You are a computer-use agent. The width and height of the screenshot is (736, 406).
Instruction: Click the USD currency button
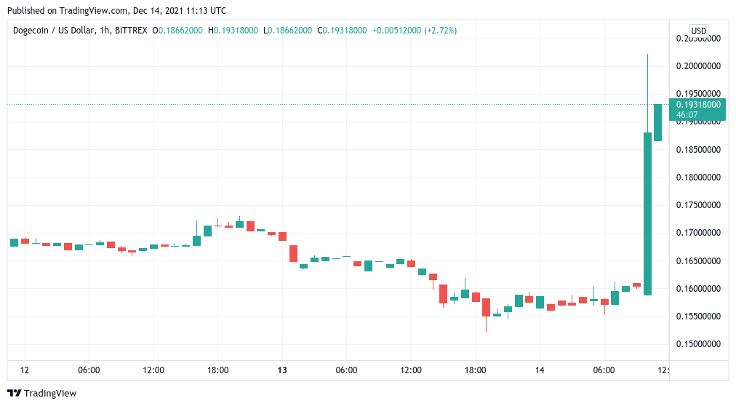pyautogui.click(x=698, y=31)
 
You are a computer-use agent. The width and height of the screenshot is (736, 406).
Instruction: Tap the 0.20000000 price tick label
pyautogui.click(x=697, y=66)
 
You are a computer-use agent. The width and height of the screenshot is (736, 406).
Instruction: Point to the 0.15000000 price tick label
pyautogui.click(x=697, y=344)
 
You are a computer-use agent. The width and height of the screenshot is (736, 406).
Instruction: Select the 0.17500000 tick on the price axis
pyautogui.click(x=697, y=205)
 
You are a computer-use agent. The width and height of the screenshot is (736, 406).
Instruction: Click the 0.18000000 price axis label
pyautogui.click(x=697, y=178)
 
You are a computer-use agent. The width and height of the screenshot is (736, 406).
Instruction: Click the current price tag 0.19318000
pyautogui.click(x=697, y=105)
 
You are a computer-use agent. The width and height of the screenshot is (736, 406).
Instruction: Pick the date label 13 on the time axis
pyautogui.click(x=282, y=370)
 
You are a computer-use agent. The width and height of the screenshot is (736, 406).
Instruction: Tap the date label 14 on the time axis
pyautogui.click(x=539, y=370)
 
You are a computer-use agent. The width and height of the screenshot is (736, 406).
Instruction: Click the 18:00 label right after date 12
pyautogui.click(x=218, y=370)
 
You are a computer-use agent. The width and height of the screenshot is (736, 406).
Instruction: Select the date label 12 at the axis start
pyautogui.click(x=25, y=370)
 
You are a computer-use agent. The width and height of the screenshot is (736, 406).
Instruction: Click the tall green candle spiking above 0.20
pyautogui.click(x=647, y=211)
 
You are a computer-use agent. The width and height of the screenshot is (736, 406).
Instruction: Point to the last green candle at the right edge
pyautogui.click(x=658, y=122)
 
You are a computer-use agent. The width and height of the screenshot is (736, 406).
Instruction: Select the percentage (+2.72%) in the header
pyautogui.click(x=441, y=31)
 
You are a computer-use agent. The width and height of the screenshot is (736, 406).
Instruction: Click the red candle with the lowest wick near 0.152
pyautogui.click(x=485, y=307)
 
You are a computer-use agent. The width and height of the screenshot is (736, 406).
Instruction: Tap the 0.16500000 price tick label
pyautogui.click(x=697, y=260)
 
